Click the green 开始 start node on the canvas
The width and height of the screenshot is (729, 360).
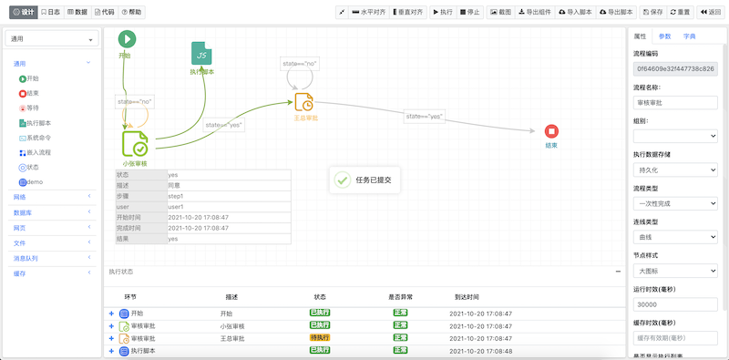point(127,39)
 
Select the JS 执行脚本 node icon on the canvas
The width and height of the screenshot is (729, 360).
point(201,53)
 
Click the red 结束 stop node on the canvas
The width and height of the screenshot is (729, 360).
point(551,132)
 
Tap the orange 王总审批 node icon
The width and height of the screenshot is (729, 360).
point(304,102)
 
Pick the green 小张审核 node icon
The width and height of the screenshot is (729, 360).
point(135,144)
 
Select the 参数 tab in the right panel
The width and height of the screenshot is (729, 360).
point(665,36)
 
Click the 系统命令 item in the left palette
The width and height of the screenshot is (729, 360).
point(39,138)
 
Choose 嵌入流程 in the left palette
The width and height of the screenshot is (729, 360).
point(39,152)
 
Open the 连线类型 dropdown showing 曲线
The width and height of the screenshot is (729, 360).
point(675,237)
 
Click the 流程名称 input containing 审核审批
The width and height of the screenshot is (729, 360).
point(675,103)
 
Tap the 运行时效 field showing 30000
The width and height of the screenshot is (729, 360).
point(675,304)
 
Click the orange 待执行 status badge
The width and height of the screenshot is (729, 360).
point(319,338)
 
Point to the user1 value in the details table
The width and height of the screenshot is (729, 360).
point(176,207)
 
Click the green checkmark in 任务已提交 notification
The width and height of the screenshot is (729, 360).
point(342,180)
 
